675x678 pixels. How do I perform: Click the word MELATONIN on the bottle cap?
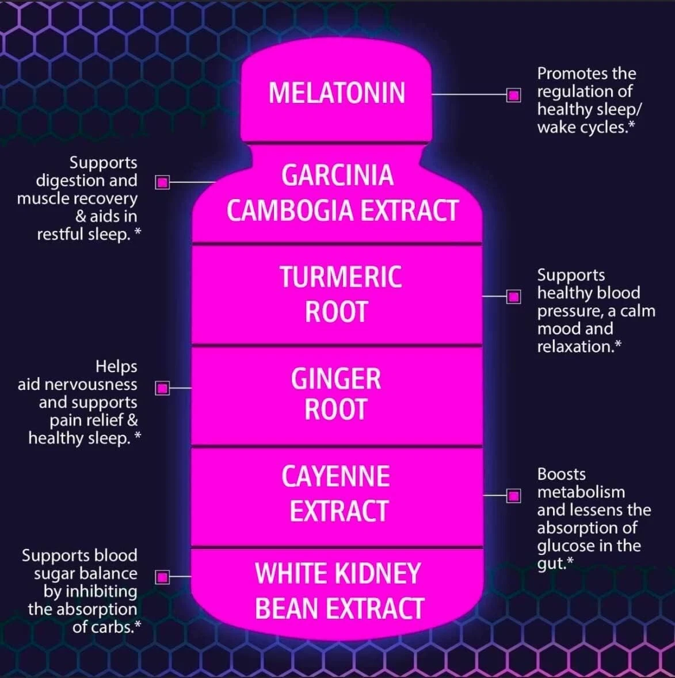pyautogui.click(x=337, y=93)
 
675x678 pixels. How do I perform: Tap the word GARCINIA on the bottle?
pyautogui.click(x=337, y=175)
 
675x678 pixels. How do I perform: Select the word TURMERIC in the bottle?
pyautogui.click(x=341, y=277)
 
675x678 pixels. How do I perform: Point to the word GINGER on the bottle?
pyautogui.click(x=336, y=379)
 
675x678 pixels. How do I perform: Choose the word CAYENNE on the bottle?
pyautogui.click(x=335, y=477)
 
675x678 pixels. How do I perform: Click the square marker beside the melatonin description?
pyautogui.click(x=514, y=94)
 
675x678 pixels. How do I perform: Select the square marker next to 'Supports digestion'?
pyautogui.click(x=163, y=183)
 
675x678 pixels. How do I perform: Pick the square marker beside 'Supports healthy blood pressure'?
pyautogui.click(x=514, y=297)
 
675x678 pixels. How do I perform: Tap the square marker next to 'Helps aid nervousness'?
pyautogui.click(x=163, y=388)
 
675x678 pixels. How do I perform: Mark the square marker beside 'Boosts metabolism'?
pyautogui.click(x=514, y=495)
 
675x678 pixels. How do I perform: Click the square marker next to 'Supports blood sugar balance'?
pyautogui.click(x=163, y=576)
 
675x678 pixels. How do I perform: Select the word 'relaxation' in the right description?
pyautogui.click(x=574, y=347)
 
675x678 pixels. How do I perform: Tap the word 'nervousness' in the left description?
pyautogui.click(x=77, y=385)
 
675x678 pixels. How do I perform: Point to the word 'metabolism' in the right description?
pyautogui.click(x=581, y=492)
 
